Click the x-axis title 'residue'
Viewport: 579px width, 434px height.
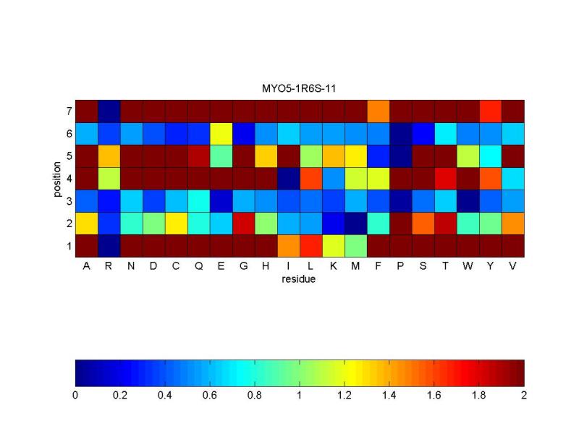point(300,278)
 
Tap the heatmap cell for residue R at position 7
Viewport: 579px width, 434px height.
point(109,111)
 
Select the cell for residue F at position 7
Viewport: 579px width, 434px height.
point(378,111)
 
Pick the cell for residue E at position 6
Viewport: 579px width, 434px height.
point(221,134)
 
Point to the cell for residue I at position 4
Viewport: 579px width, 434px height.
point(288,179)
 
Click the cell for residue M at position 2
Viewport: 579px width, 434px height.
point(355,224)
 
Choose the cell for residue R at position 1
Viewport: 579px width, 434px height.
point(109,246)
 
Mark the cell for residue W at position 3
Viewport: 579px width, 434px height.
point(468,201)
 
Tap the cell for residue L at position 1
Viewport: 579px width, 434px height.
point(310,246)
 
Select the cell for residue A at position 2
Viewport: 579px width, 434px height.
point(86,224)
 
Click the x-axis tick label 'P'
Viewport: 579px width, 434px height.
point(400,265)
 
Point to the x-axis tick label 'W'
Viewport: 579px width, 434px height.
point(468,265)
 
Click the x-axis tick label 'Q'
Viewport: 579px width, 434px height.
point(198,265)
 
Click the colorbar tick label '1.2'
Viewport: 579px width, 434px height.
point(345,396)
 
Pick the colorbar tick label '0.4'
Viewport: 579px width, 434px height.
point(165,396)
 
